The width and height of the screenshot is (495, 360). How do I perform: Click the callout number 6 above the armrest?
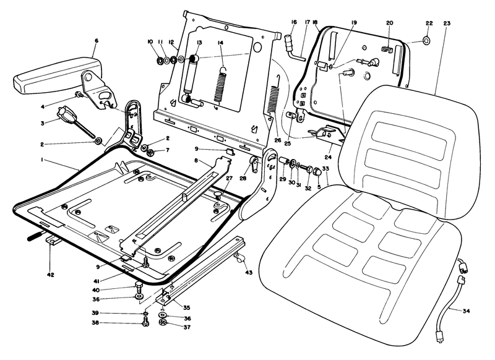[96, 41]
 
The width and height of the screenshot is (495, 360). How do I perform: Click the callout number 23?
[447, 24]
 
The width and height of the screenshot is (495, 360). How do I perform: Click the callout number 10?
[150, 42]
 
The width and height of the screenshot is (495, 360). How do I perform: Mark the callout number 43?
[249, 273]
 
